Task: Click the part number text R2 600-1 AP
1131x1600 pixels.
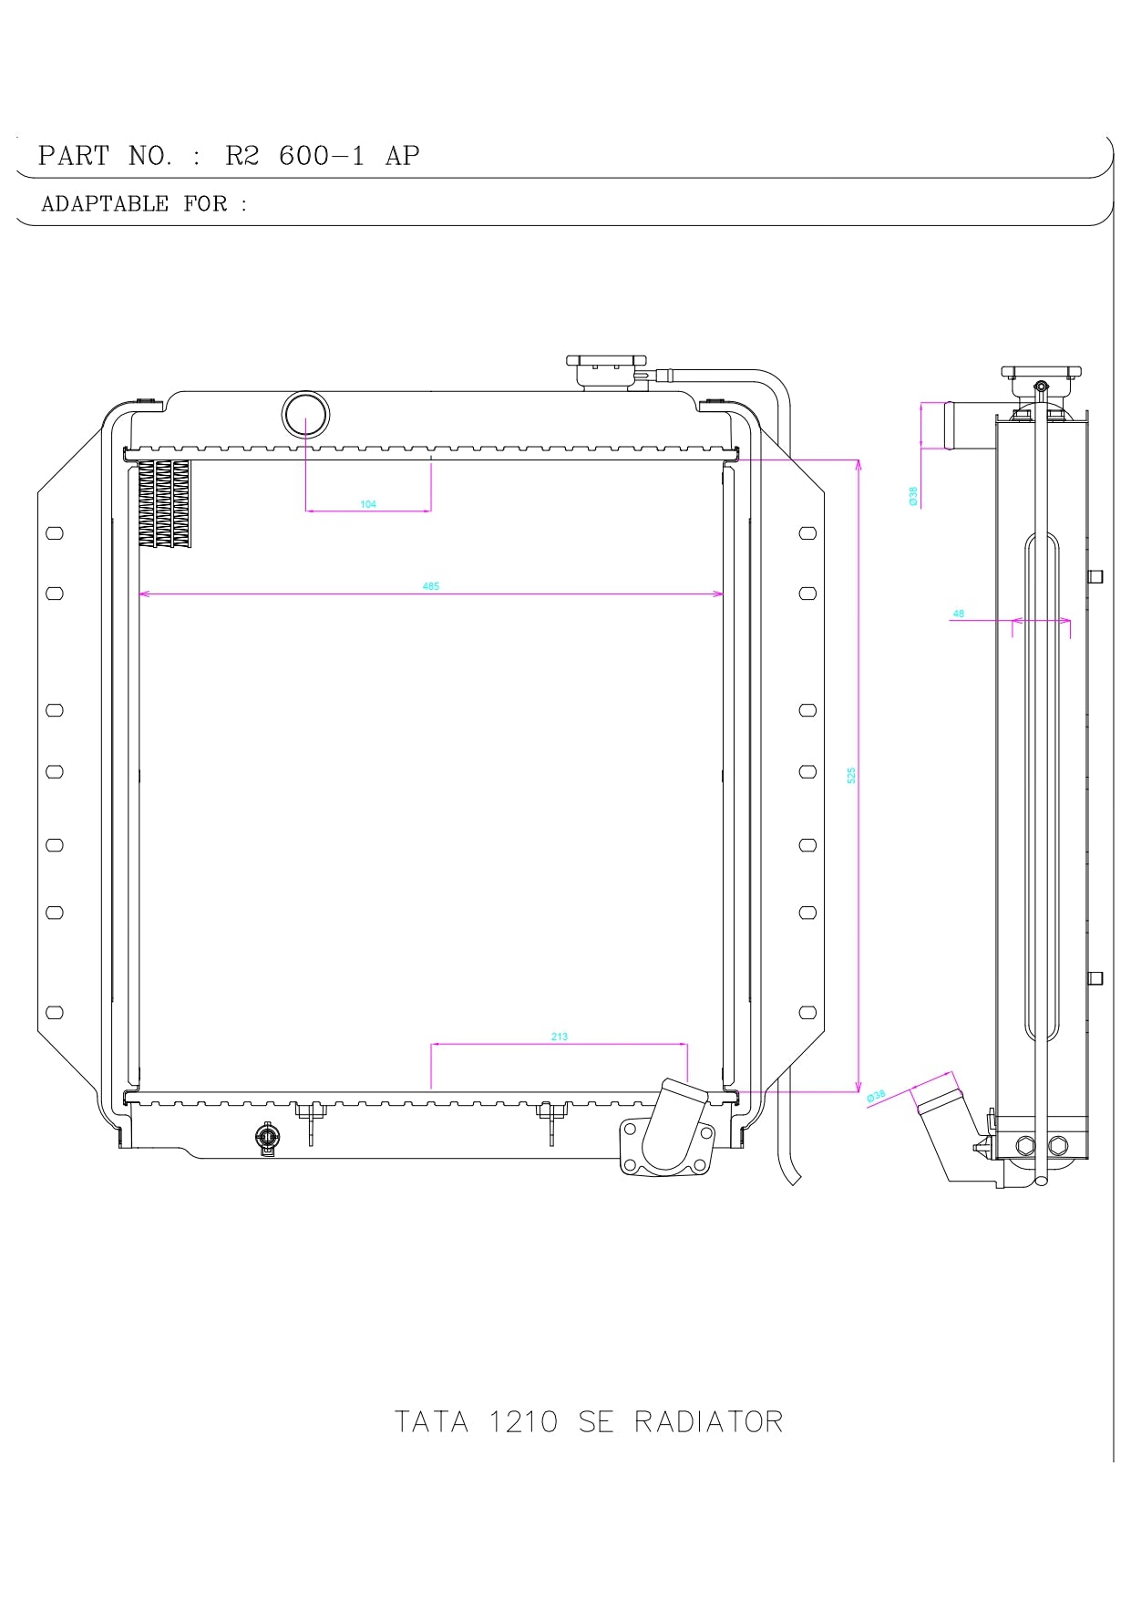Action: [322, 156]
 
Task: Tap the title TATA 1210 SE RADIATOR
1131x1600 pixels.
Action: [588, 1422]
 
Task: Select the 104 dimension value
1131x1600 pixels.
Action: [368, 504]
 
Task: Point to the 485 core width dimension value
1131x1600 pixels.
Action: [431, 586]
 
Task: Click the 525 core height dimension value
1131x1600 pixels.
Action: [851, 775]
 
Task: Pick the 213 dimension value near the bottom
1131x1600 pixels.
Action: [560, 1037]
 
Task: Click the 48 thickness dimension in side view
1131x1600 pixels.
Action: [958, 614]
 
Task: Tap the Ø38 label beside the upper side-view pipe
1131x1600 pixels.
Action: [913, 495]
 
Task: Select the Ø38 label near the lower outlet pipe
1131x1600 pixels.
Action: [876, 1095]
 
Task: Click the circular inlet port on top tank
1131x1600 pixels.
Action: [305, 415]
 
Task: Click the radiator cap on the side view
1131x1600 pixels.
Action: [1041, 378]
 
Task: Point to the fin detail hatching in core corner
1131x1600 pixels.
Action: [165, 503]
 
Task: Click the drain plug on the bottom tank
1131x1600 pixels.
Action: [267, 1138]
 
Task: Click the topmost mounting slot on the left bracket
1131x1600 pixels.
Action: [55, 533]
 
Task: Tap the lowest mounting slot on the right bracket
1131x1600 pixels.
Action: [807, 1013]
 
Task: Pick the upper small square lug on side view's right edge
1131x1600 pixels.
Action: [1096, 576]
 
